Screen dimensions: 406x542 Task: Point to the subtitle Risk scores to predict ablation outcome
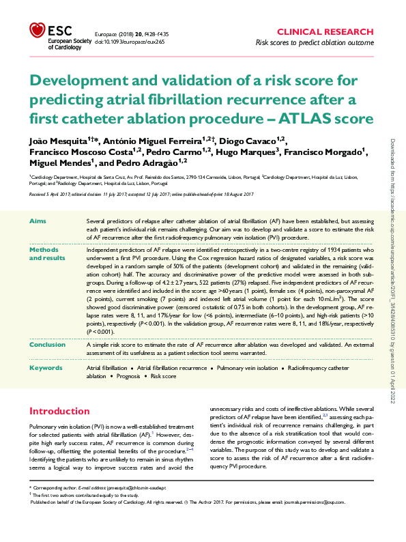pos(314,42)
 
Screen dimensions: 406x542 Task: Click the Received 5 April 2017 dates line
pos(134,194)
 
